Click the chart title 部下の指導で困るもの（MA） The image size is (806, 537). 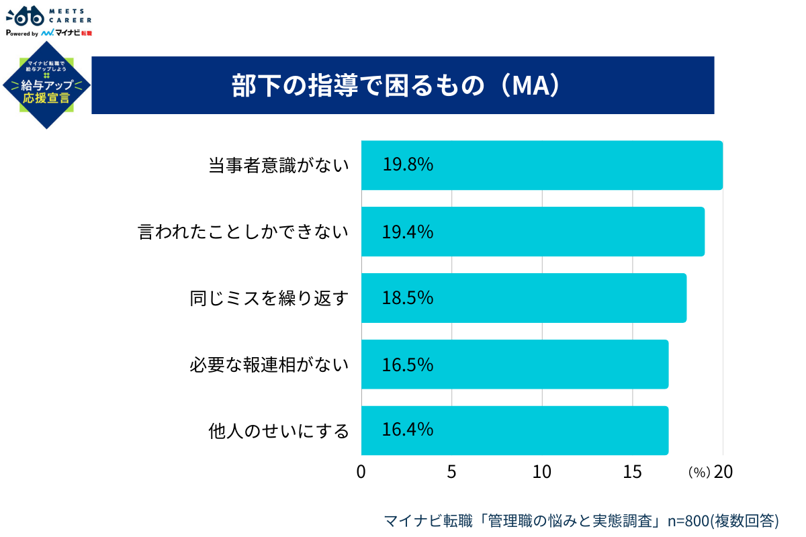click(396, 86)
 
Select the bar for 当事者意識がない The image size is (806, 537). click(541, 165)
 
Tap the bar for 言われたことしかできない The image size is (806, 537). click(533, 232)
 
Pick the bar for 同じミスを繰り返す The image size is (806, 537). click(523, 297)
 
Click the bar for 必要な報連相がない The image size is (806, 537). click(514, 364)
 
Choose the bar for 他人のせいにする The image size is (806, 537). click(514, 430)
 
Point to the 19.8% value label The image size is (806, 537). click(408, 165)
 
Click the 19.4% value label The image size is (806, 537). click(408, 232)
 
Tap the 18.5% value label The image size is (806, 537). click(408, 297)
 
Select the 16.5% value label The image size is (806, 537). click(408, 364)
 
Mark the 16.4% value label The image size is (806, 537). click(408, 430)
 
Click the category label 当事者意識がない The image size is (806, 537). click(279, 165)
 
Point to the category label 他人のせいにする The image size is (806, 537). click(279, 430)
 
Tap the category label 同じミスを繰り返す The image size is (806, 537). click(270, 298)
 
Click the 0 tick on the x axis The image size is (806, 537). click(361, 472)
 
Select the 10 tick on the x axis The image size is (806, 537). click(542, 472)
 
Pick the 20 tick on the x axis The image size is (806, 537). click(723, 472)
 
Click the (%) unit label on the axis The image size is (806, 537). click(699, 473)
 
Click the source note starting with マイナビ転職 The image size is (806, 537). click(581, 520)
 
